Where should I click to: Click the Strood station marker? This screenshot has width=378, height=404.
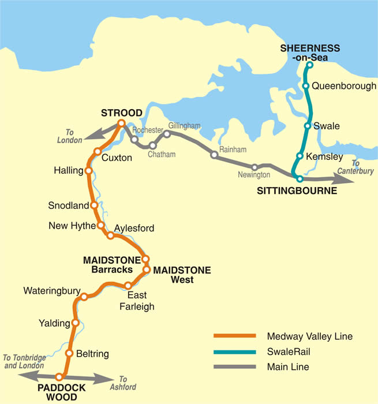(121, 123)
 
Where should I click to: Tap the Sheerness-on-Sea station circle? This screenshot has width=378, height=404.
(309, 65)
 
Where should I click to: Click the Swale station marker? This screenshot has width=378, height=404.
(308, 126)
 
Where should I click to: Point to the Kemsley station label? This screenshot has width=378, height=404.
(328, 156)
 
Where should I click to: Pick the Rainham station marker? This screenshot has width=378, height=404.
(214, 155)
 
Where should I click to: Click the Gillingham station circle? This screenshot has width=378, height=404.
(167, 134)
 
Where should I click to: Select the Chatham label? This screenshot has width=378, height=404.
(162, 155)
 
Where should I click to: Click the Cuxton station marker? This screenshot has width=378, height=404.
(98, 152)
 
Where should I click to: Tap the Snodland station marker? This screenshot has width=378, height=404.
(94, 205)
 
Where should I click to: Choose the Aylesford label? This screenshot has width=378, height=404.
(134, 229)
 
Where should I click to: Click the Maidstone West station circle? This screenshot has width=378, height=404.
(147, 270)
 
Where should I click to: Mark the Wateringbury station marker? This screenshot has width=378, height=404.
(84, 297)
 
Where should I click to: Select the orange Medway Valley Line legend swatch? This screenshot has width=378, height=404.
(234, 336)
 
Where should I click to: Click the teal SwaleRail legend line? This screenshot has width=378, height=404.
(234, 351)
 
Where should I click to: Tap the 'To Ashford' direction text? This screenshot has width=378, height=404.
(128, 383)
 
